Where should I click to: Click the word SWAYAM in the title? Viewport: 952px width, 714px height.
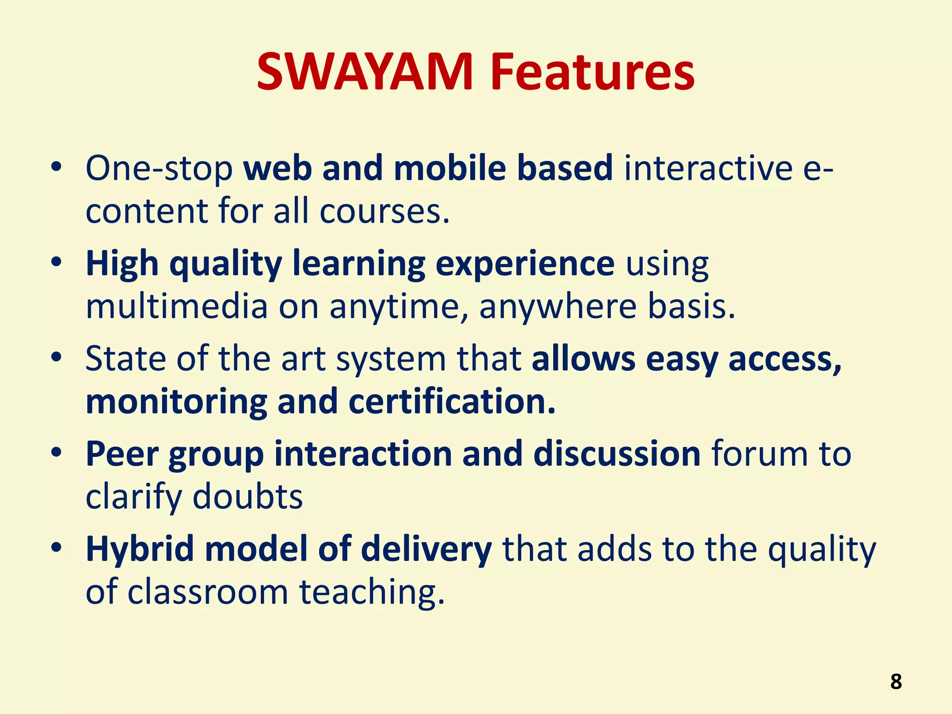[x=365, y=72]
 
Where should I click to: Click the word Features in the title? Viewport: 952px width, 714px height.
[x=592, y=72]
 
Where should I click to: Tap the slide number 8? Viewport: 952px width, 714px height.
[x=896, y=682]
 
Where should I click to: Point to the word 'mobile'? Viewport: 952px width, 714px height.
[x=450, y=168]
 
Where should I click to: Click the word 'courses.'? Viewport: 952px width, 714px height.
[x=384, y=212]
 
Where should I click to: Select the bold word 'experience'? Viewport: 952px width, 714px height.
[x=525, y=264]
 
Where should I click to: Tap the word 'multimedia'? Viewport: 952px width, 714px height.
[x=177, y=307]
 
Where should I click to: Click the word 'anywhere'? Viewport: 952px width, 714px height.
[x=558, y=307]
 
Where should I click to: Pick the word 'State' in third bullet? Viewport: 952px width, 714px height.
[x=126, y=359]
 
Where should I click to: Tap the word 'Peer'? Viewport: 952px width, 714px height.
[x=122, y=454]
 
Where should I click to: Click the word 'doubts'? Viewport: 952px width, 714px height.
[x=247, y=497]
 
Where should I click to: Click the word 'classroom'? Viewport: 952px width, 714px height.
[x=208, y=592]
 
